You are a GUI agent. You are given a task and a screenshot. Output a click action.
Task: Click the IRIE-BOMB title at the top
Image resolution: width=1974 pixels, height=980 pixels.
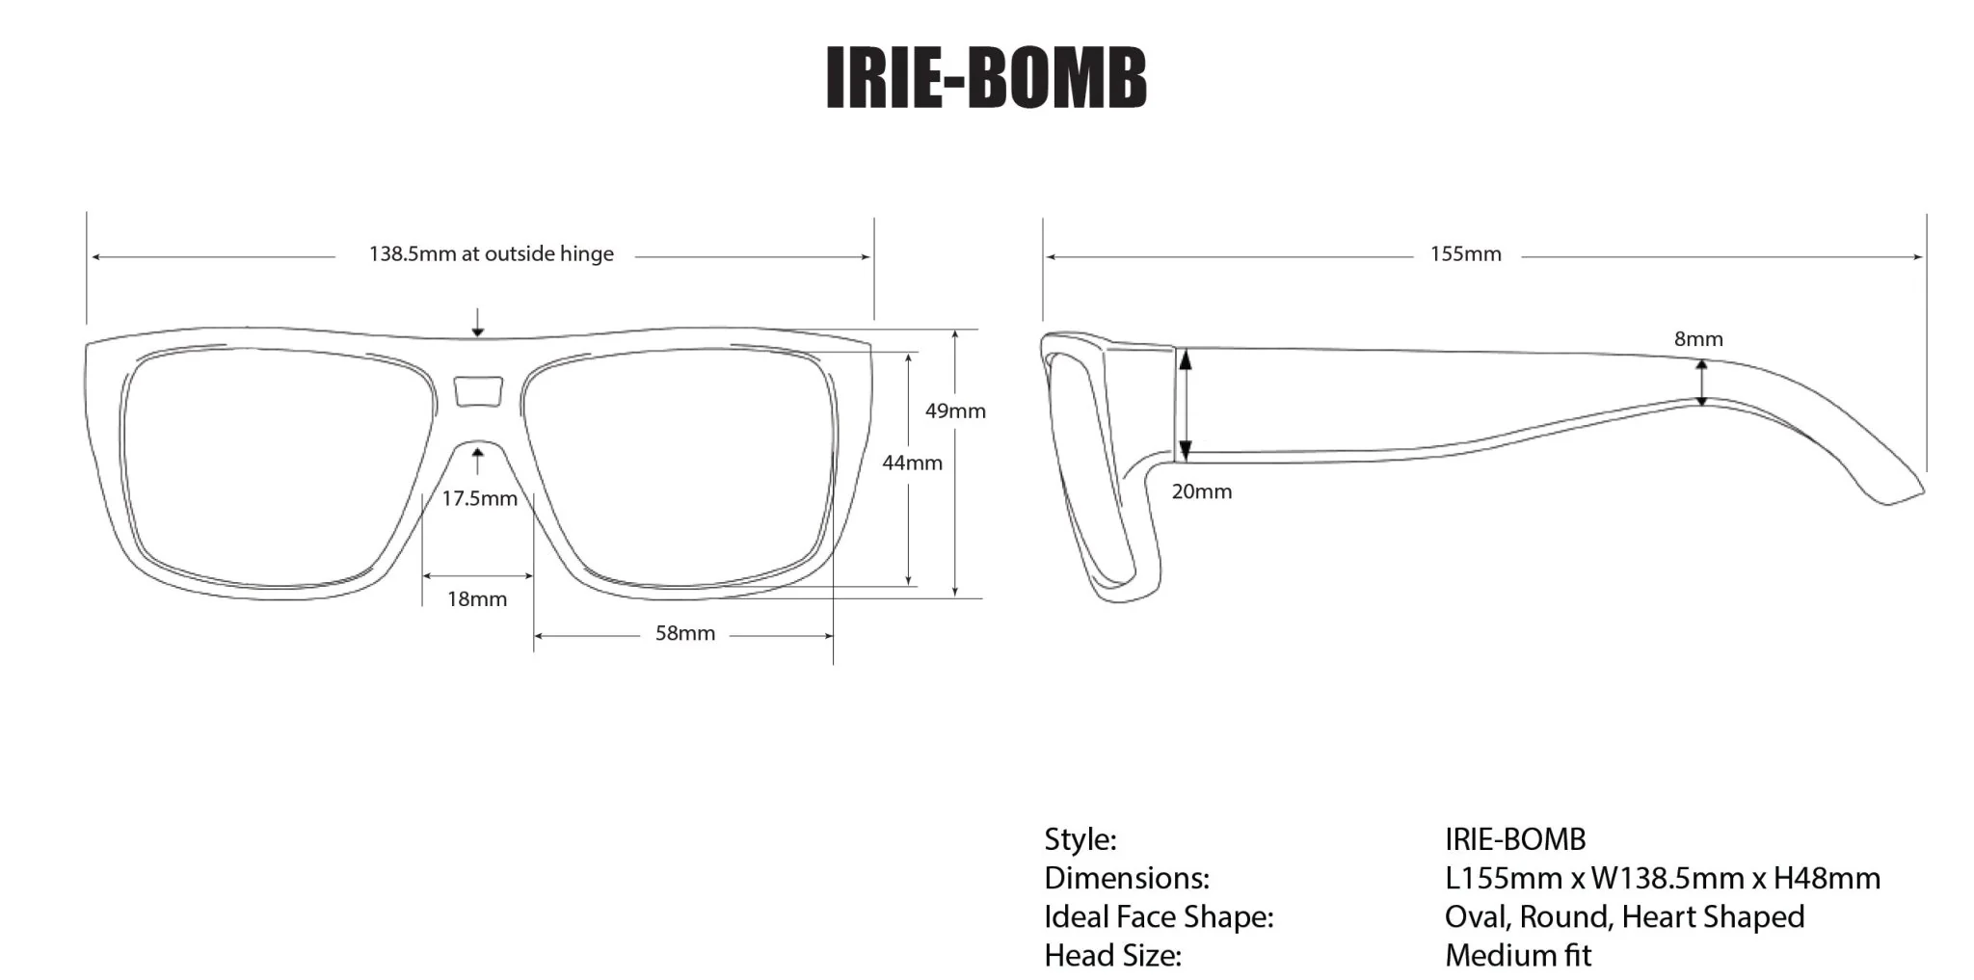pos(986,77)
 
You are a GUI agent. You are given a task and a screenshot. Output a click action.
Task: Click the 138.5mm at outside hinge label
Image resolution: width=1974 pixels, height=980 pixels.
pos(491,254)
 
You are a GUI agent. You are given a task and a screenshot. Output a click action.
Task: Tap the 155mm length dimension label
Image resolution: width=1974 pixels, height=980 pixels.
pos(1465,254)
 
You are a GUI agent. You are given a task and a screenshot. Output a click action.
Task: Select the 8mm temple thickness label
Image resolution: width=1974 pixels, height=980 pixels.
pos(1697,339)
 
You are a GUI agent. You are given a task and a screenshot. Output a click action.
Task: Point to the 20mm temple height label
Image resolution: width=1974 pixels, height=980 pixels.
pos(1201,491)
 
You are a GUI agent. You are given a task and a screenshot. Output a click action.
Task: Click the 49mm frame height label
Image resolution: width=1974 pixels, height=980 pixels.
pos(955,411)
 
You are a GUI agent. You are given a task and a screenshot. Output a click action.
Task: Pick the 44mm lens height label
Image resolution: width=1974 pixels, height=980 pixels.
pos(912,464)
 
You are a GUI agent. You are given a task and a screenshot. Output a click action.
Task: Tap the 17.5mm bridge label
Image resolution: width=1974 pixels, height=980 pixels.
pos(479,499)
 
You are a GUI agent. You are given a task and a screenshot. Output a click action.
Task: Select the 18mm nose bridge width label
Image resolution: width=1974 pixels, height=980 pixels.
pos(476,599)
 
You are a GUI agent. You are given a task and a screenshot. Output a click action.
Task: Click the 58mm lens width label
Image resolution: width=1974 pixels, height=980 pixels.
pos(684,634)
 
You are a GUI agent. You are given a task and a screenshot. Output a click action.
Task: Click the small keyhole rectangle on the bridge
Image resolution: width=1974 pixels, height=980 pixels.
pos(478,391)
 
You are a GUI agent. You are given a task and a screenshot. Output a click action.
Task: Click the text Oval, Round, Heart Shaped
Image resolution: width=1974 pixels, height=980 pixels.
pos(1623,916)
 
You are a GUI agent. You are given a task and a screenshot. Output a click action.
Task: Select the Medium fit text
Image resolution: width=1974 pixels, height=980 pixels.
pos(1517,956)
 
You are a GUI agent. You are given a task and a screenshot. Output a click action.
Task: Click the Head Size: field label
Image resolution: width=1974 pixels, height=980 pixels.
pos(1112,956)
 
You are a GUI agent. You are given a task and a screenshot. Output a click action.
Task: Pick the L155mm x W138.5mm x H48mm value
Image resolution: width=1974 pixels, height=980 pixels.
pos(1662,879)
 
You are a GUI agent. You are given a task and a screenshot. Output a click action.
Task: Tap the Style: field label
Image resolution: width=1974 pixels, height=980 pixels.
pos(1080,839)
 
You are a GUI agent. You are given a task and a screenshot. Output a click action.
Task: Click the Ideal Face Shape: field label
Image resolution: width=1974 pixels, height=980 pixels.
pos(1158,916)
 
